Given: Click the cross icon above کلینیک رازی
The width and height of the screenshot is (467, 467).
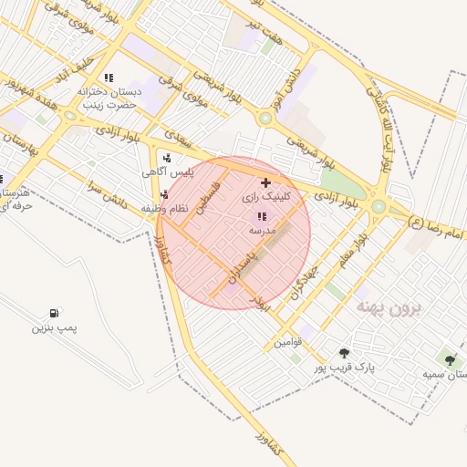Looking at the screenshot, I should point(265,183).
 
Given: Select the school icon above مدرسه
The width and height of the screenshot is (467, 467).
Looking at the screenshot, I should point(262,217).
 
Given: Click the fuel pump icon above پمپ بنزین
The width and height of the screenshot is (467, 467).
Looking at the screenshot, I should point(57,313).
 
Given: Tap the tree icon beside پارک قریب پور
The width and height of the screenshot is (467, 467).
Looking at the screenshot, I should point(344,353).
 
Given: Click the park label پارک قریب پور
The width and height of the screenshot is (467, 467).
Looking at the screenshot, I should point(345,368).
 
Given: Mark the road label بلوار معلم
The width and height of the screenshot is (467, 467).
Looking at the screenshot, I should point(356,252).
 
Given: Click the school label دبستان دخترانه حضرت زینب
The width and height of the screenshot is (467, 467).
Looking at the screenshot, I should point(108,98).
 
